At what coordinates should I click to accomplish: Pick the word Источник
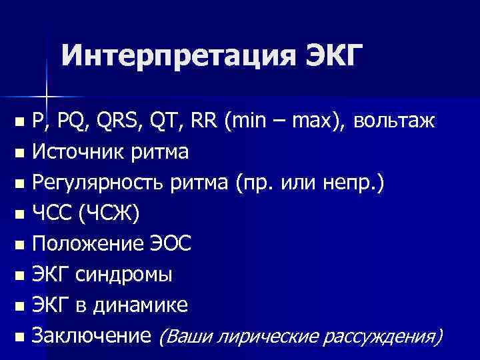[x=72, y=153]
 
